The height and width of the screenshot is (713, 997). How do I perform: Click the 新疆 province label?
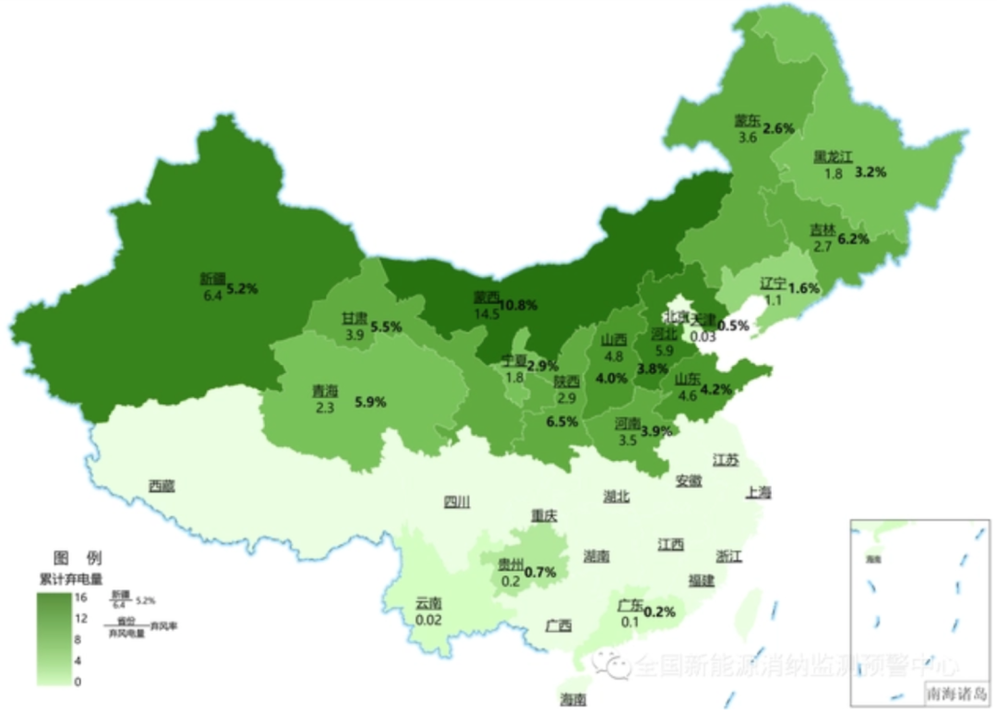211,278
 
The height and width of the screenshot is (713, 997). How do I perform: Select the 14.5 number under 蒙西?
486,314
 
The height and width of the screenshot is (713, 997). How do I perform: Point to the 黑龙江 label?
833,157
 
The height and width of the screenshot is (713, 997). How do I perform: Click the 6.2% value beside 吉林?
853,238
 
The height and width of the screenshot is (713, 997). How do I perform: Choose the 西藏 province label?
162,485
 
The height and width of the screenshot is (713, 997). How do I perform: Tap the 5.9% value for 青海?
370,402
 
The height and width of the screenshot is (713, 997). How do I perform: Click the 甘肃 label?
354,318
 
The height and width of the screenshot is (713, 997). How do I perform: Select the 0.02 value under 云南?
428,620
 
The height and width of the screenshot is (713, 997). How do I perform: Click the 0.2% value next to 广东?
659,611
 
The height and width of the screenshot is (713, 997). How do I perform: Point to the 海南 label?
572,699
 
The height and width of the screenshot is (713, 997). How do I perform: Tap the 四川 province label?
456,502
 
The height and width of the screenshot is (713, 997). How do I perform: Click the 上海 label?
758,492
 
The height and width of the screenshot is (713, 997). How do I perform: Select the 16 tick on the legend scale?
81,598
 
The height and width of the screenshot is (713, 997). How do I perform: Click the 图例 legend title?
78,558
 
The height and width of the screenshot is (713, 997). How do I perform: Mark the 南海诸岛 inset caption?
955,692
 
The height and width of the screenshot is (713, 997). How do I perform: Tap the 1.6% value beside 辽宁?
805,288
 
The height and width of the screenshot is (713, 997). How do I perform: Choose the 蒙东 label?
748,120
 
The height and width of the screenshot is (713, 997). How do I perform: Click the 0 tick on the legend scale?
78,682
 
